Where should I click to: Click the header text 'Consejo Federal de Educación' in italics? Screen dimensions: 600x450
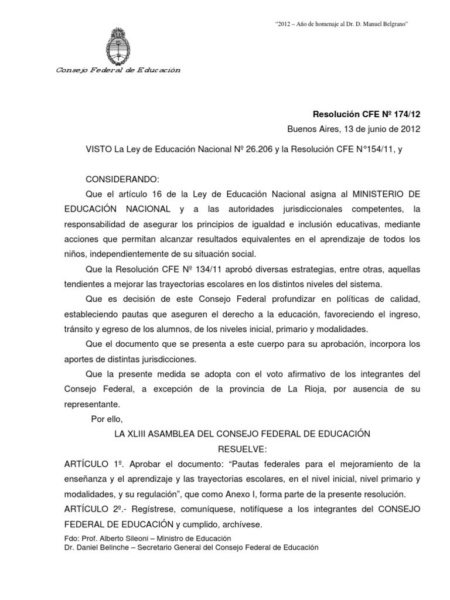(x=118, y=70)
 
